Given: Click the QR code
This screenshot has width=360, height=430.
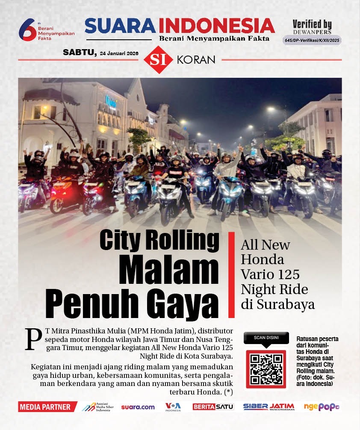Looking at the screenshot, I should point(266,369).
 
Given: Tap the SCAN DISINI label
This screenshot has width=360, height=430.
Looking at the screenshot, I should point(266,338).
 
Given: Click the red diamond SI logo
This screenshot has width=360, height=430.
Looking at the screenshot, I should point(158,59).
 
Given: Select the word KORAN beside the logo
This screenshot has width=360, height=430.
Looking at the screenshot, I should point(196,60).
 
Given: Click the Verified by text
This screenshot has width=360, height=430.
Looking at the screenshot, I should point(312,25).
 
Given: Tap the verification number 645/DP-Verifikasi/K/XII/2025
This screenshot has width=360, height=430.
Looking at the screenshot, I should point(312,40).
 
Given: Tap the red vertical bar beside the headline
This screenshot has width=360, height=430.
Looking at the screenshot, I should point(231,275).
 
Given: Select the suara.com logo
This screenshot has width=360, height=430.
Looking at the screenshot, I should point(138,407).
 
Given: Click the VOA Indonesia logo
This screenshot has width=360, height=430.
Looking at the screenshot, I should point(173,407).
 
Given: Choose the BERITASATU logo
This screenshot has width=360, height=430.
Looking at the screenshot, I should point(213,407).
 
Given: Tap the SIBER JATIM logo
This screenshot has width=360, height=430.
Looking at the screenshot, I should point(269,407).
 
